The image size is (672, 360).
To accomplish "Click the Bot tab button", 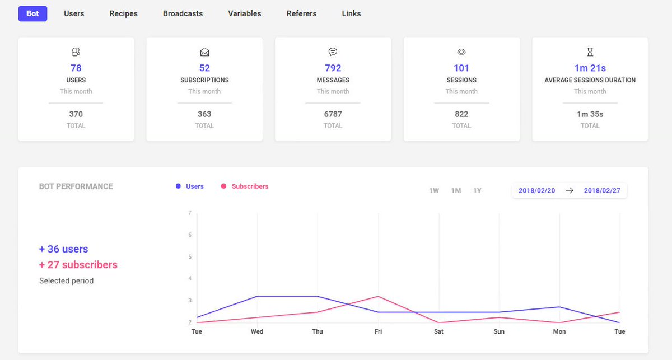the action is pyautogui.click(x=32, y=13).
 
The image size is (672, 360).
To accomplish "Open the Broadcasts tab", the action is pyautogui.click(x=183, y=13).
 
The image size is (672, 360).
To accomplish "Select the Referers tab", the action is pyautogui.click(x=301, y=13).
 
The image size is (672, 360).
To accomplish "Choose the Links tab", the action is pyautogui.click(x=351, y=13).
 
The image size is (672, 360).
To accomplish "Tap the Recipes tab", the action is pyautogui.click(x=123, y=14).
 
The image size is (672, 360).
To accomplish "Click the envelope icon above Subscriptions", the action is pyautogui.click(x=204, y=52).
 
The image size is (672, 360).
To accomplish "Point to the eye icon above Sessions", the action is pyautogui.click(x=461, y=52).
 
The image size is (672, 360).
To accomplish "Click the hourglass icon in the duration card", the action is pyautogui.click(x=590, y=52).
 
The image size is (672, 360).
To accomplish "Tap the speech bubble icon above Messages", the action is pyautogui.click(x=333, y=52).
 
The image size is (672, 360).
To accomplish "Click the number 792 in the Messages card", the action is pyautogui.click(x=333, y=68).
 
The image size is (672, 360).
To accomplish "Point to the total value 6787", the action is pyautogui.click(x=333, y=114).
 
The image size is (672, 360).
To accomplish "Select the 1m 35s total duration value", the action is pyautogui.click(x=590, y=114).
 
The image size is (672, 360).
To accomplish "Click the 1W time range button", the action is pyautogui.click(x=434, y=190).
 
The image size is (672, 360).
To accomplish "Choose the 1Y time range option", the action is pyautogui.click(x=477, y=190).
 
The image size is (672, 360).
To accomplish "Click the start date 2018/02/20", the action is pyautogui.click(x=536, y=190).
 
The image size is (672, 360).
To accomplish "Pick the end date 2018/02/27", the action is pyautogui.click(x=602, y=190).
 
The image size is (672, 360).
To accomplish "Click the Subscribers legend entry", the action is pyautogui.click(x=245, y=186).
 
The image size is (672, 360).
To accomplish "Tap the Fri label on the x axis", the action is pyautogui.click(x=379, y=331).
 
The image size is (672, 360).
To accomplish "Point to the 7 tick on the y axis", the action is pyautogui.click(x=190, y=213).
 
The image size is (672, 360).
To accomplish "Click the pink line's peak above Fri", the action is pyautogui.click(x=379, y=296).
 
